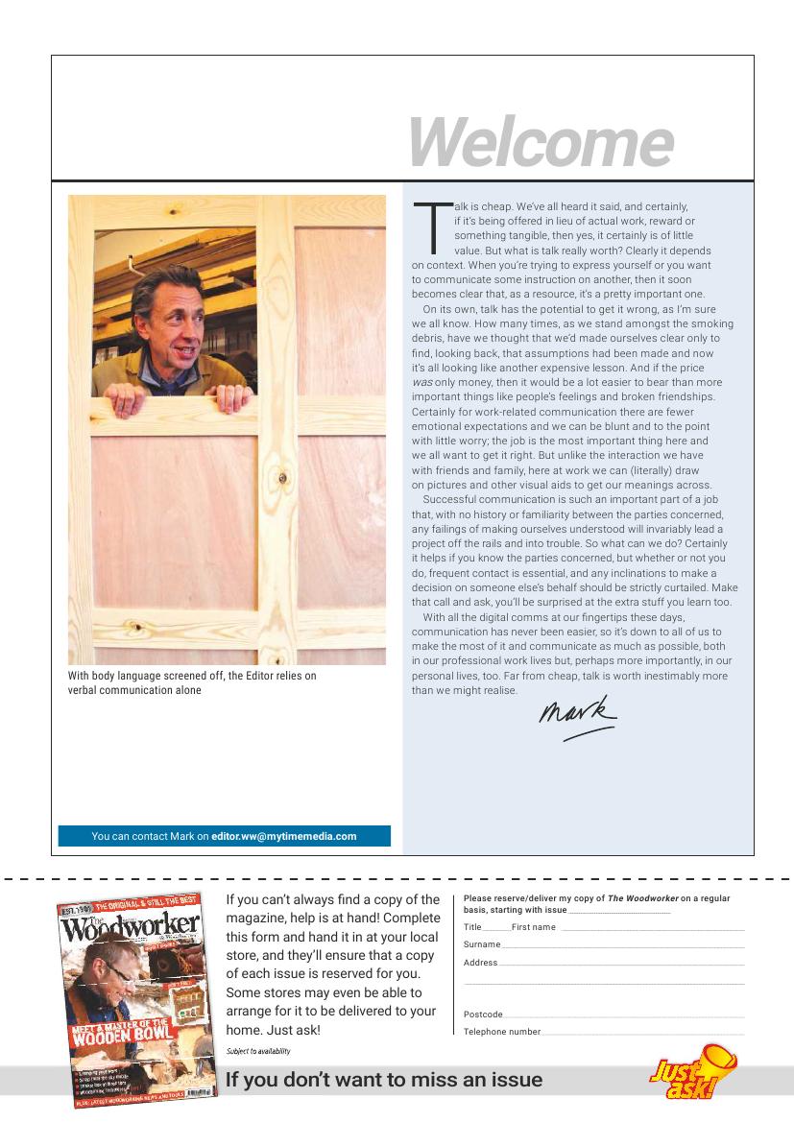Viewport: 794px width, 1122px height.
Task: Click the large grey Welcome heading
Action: tap(540, 142)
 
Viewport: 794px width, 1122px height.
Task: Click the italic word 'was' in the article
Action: tap(421, 382)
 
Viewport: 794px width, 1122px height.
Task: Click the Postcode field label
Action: tap(483, 1015)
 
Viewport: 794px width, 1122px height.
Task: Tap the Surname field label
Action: tap(482, 944)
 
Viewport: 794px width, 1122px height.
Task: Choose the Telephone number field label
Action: tap(502, 1032)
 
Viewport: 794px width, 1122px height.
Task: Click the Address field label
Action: tap(480, 963)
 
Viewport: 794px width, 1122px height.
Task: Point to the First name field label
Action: tap(534, 927)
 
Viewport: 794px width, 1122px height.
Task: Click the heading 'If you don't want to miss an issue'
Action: tap(384, 1080)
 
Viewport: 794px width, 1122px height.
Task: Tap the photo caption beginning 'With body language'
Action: tap(192, 682)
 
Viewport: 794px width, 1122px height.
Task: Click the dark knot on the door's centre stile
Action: tap(281, 478)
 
